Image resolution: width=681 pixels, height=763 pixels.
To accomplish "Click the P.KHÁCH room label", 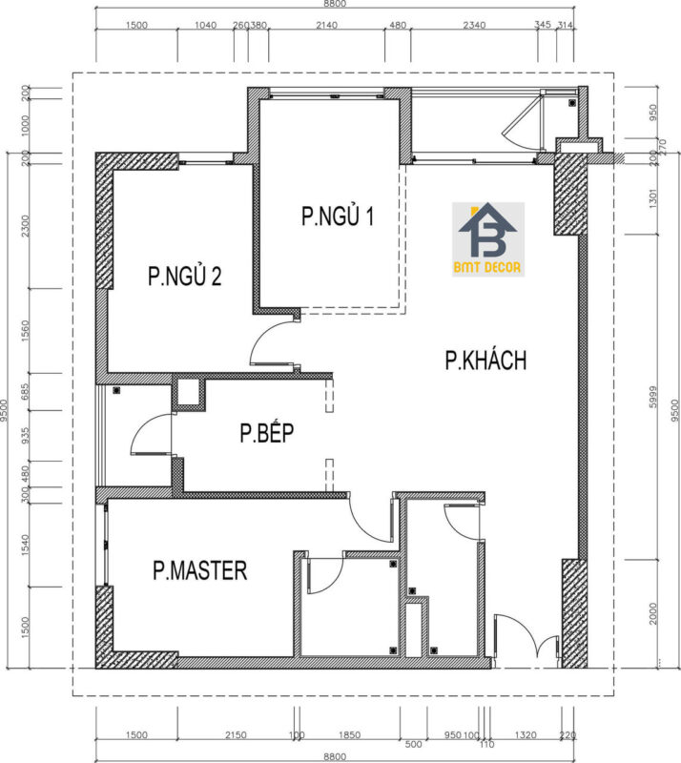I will coord(486,361).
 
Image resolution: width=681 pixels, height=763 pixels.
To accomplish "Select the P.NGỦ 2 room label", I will coord(185,277).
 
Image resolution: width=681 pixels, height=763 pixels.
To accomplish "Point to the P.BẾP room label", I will coord(266,434).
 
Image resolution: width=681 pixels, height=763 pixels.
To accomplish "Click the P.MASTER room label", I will coord(200,570).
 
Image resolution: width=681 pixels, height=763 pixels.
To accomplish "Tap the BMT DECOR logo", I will coord(488,239).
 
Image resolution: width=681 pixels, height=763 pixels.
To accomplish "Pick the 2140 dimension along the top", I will coord(327,26).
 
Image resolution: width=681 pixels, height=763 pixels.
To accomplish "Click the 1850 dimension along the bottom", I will coord(350,735).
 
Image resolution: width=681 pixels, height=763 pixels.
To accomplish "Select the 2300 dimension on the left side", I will coord(26,226).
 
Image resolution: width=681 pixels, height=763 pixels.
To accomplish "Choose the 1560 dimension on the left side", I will coord(26,330).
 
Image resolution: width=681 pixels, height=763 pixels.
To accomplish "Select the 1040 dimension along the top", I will coord(205,26).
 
